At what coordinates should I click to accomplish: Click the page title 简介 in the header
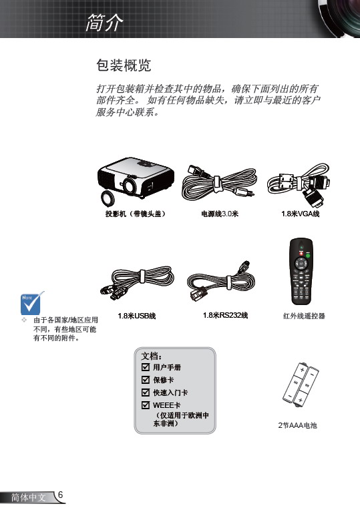pyautogui.click(x=105, y=23)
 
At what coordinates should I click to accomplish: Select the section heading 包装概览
pyautogui.click(x=124, y=65)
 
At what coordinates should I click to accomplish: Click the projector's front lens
pyautogui.click(x=129, y=186)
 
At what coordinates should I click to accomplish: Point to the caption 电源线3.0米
pyautogui.click(x=220, y=214)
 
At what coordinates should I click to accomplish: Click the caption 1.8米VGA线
pyautogui.click(x=300, y=214)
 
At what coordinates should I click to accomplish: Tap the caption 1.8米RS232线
pyautogui.click(x=225, y=315)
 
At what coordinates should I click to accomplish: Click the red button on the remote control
pyautogui.click(x=301, y=254)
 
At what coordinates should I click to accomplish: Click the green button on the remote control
pyautogui.click(x=308, y=255)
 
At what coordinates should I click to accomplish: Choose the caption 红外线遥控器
pyautogui.click(x=304, y=316)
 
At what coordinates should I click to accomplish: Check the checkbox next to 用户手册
pyautogui.click(x=146, y=367)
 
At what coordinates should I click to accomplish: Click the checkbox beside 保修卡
pyautogui.click(x=146, y=380)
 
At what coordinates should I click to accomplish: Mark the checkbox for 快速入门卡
pyautogui.click(x=146, y=392)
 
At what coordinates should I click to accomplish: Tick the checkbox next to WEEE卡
pyautogui.click(x=146, y=405)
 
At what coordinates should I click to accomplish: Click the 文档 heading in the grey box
pyautogui.click(x=151, y=356)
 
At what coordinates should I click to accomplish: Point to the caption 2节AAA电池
pyautogui.click(x=297, y=425)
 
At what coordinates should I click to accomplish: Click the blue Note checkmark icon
pyautogui.click(x=32, y=302)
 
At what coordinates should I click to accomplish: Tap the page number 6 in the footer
pyautogui.click(x=60, y=495)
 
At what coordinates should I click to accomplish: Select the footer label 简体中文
pyautogui.click(x=28, y=497)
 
